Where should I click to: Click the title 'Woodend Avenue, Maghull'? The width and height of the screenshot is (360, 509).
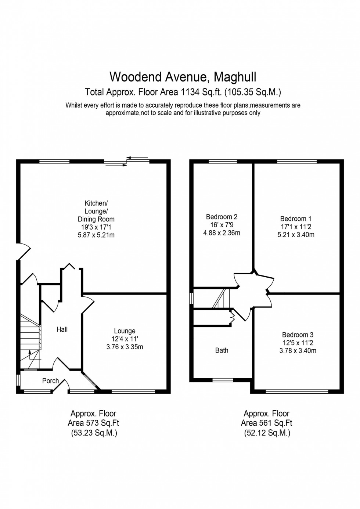click(x=183, y=77)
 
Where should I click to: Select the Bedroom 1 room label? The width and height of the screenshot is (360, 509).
click(x=296, y=219)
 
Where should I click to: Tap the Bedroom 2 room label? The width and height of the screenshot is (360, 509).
click(x=222, y=217)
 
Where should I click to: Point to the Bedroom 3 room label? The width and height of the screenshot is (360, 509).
click(x=298, y=335)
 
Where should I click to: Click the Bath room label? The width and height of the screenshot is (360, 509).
click(x=222, y=350)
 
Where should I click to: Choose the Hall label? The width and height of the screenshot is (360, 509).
click(x=62, y=329)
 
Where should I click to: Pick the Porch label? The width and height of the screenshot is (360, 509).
click(x=50, y=381)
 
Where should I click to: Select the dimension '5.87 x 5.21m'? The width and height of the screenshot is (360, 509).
click(x=96, y=235)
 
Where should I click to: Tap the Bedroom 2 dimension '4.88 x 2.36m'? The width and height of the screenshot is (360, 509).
click(x=222, y=233)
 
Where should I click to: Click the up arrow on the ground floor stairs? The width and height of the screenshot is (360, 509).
click(x=30, y=354)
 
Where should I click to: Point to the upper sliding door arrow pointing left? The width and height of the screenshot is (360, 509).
click(x=138, y=158)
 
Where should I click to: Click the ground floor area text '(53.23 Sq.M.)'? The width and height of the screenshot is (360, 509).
click(x=94, y=433)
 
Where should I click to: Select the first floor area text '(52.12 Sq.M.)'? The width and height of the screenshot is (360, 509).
click(x=267, y=433)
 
